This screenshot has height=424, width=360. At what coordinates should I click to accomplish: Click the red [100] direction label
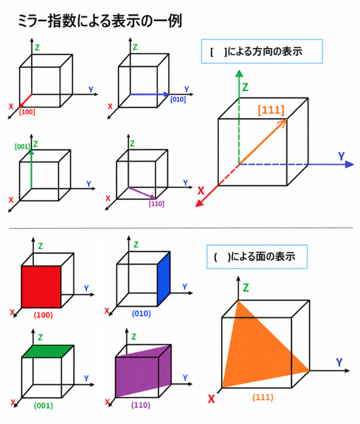[x=27, y=112]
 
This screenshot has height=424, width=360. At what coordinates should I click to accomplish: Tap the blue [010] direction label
[x=178, y=100]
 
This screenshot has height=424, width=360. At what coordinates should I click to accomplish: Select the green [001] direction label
[x=23, y=146]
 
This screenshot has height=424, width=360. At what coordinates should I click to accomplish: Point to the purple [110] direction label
[x=157, y=204]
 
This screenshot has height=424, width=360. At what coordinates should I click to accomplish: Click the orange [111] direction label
[x=271, y=110]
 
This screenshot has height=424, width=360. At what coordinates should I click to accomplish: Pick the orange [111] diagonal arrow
[x=263, y=141]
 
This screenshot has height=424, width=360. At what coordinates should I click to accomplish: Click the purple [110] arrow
[x=143, y=193]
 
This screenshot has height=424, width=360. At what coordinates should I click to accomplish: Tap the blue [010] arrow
[x=150, y=95]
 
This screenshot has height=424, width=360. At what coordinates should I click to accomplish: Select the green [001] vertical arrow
[x=32, y=169]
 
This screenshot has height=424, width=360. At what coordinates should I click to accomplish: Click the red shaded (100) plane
[x=41, y=287]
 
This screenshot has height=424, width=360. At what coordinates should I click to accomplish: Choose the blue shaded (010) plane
[x=164, y=278]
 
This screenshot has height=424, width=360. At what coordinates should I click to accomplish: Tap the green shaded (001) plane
[x=48, y=351]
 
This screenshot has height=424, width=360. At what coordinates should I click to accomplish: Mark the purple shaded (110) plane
[x=143, y=371]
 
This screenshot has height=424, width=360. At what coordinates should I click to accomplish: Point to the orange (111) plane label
[x=263, y=397]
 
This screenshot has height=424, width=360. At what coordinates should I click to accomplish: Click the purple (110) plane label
[x=140, y=405]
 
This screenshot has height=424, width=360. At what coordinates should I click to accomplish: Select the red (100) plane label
[x=43, y=315]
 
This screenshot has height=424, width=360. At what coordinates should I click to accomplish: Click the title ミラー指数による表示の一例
[x=100, y=20]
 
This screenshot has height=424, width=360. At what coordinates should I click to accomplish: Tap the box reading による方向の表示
[x=262, y=52]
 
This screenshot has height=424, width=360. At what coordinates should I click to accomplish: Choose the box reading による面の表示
[x=257, y=257]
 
